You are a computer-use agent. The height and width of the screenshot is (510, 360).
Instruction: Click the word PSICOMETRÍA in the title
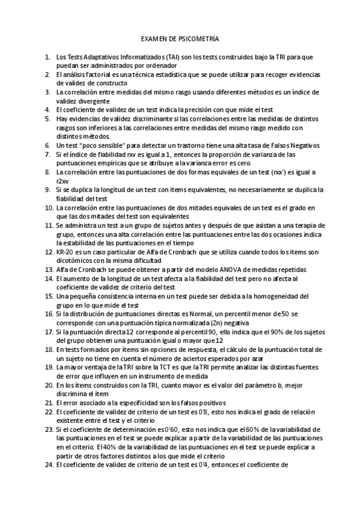pos(199,38)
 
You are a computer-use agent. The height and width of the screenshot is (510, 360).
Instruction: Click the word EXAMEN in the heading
pos(154,38)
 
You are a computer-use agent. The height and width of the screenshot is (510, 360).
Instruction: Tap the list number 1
pos(47,57)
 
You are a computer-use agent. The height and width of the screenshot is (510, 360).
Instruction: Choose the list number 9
pos(47,189)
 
